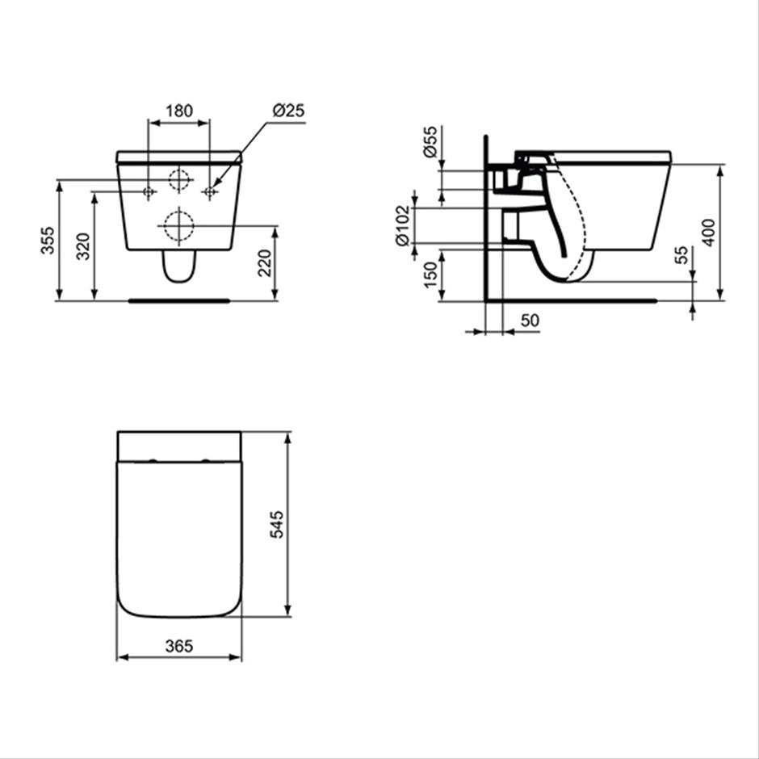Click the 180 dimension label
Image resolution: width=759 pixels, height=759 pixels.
point(179,111)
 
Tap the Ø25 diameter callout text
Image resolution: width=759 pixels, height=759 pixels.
point(288,111)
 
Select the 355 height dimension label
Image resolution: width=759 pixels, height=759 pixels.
point(48,240)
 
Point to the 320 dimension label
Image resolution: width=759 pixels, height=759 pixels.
point(83,246)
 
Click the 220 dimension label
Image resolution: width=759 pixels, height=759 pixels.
point(265,263)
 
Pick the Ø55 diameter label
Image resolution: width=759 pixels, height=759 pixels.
point(430,141)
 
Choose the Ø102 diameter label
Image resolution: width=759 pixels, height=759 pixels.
point(403,225)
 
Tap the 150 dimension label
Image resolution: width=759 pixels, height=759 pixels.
point(430,275)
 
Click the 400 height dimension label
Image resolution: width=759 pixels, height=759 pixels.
point(708,233)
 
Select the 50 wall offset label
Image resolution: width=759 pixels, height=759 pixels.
point(530,321)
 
